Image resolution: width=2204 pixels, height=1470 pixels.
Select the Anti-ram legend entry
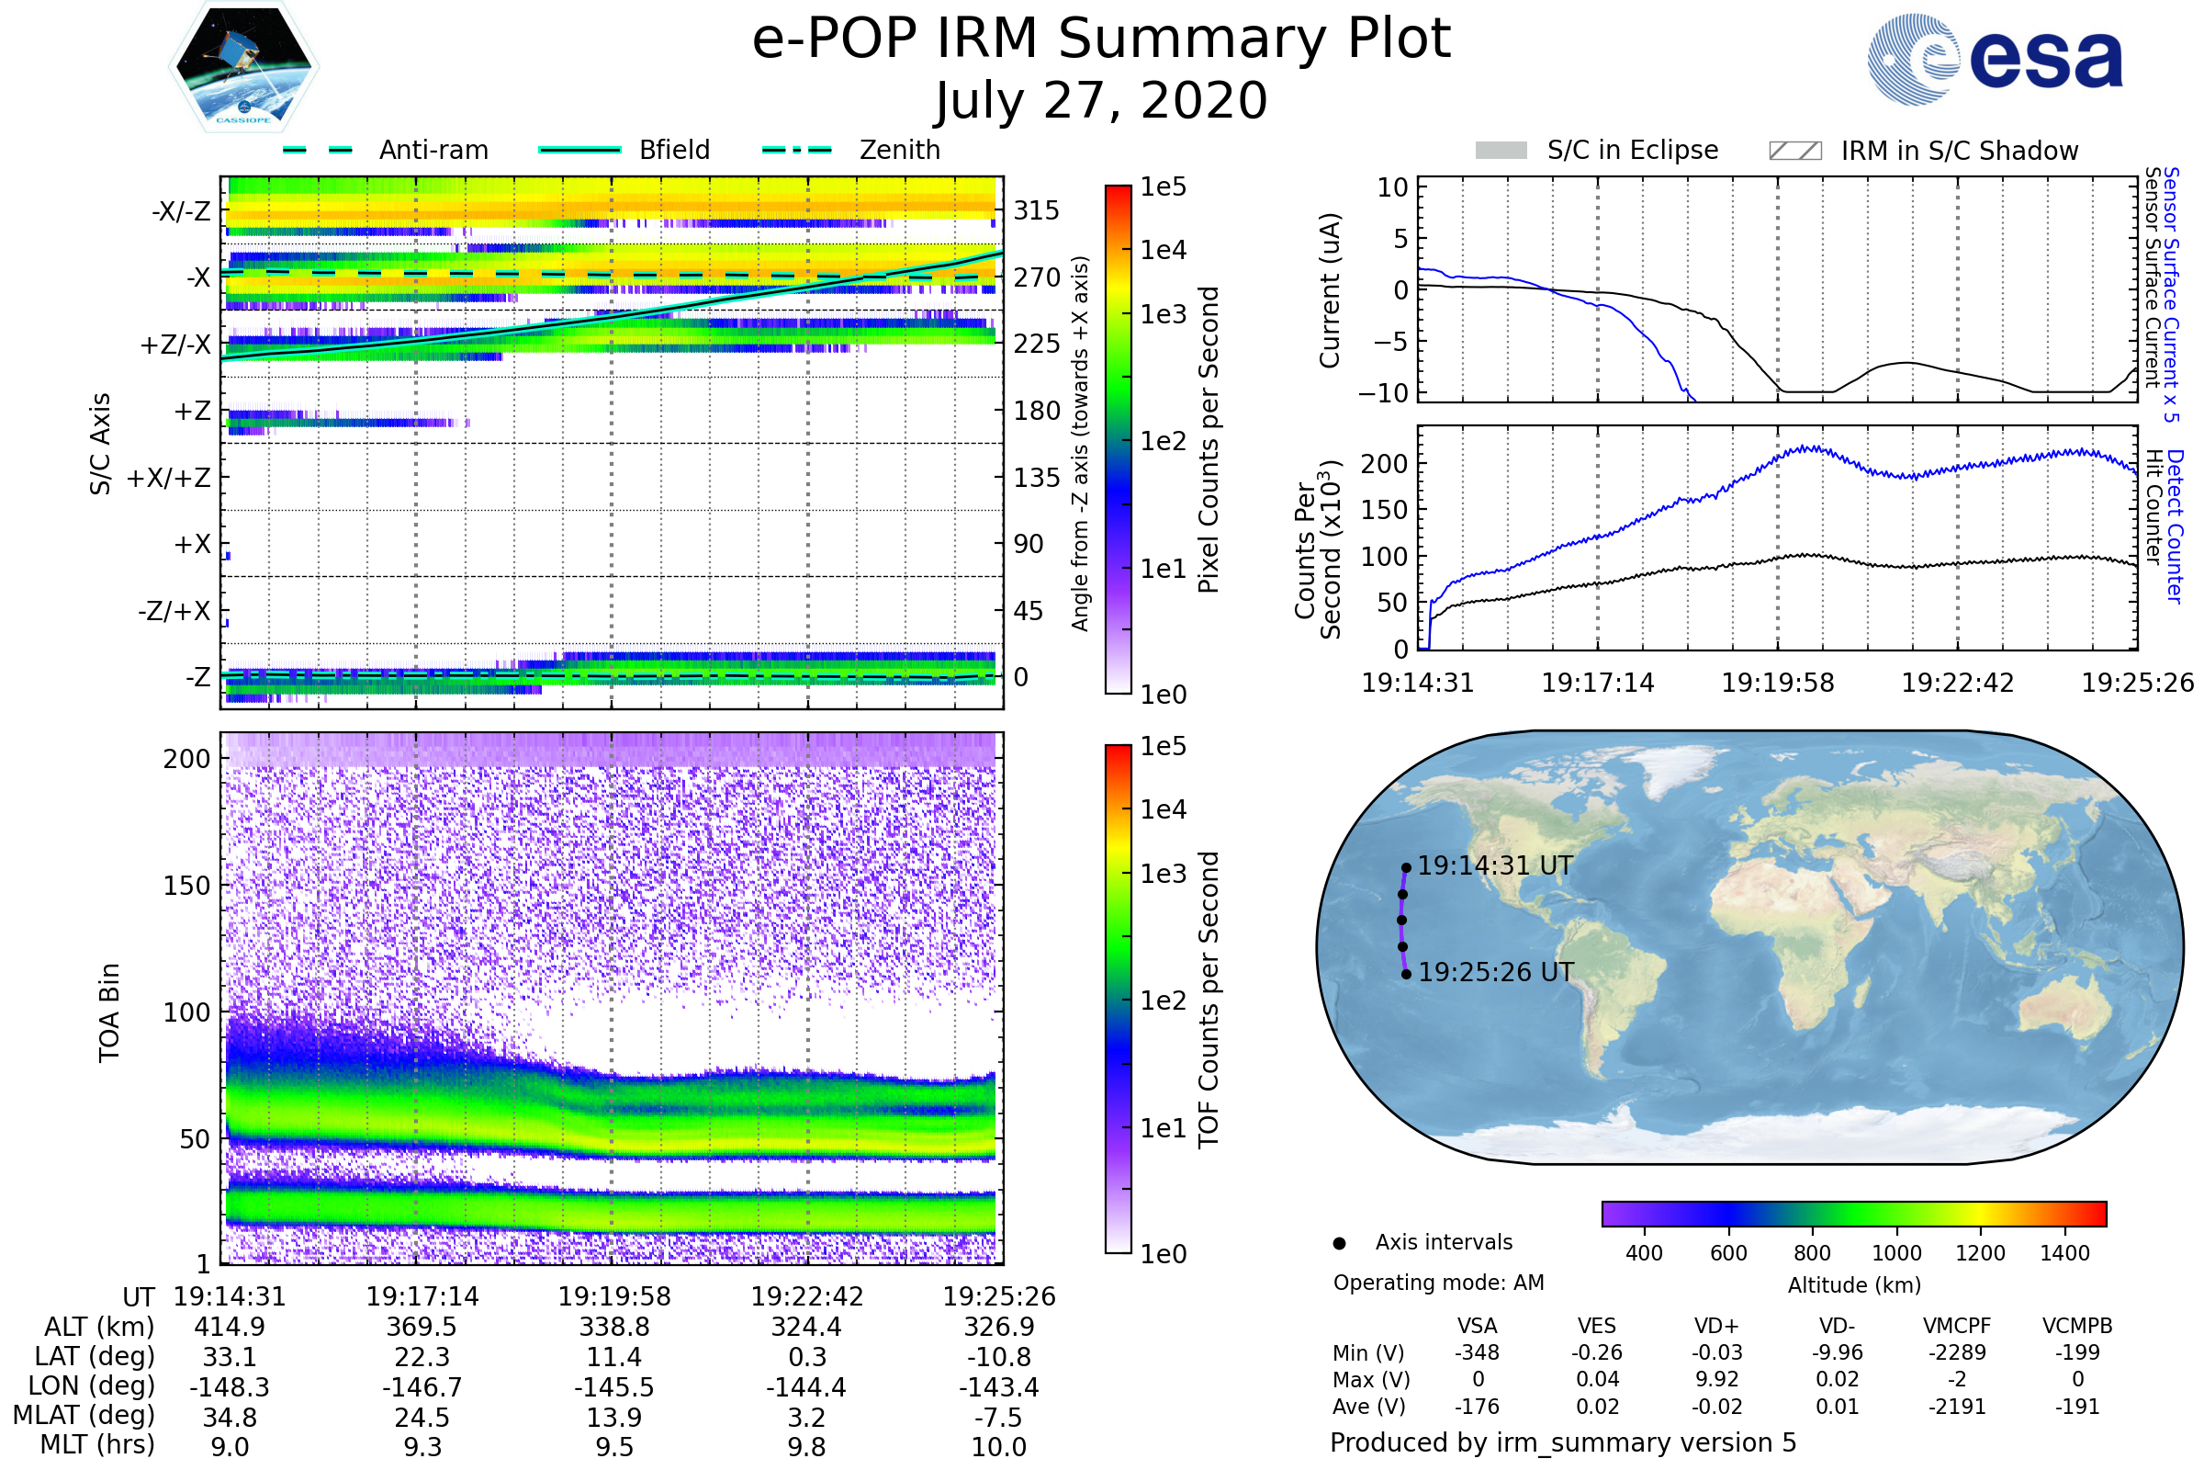433,150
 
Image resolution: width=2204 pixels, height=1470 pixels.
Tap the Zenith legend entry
899,150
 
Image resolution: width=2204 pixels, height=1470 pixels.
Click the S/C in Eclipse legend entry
1632,150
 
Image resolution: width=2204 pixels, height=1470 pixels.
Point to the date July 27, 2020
1101,101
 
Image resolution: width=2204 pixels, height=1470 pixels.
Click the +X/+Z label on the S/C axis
169,478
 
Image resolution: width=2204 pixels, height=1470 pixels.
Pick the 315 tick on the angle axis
1037,211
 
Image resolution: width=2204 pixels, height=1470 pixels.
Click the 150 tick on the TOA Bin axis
186,886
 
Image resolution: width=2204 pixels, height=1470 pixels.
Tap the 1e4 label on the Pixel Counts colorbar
1163,250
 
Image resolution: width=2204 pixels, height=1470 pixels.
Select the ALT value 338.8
613,1328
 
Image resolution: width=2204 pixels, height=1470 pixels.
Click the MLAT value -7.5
999,1418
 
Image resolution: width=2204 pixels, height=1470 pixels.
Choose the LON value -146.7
422,1387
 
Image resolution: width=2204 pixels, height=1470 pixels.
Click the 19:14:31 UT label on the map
1495,866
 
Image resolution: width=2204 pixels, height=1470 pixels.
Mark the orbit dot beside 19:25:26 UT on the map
1407,975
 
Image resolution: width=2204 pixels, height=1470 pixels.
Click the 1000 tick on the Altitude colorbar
1896,1253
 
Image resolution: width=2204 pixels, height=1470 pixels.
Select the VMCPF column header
1957,1327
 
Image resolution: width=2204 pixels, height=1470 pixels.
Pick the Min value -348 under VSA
1477,1352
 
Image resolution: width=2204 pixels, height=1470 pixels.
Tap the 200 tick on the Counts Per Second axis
1384,464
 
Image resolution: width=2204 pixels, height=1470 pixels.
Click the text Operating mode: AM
1438,1283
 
